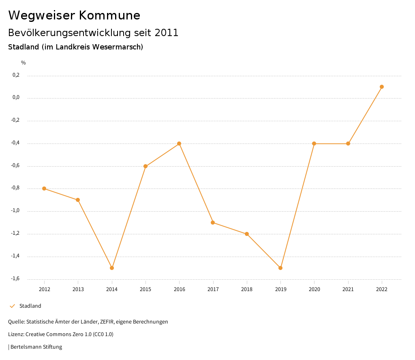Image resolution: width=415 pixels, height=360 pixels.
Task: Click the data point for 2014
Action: (112, 268)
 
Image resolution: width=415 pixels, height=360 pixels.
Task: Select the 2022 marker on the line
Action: (382, 87)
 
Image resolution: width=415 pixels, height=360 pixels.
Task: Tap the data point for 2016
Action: (179, 144)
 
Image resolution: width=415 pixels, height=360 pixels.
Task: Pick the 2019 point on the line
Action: (280, 268)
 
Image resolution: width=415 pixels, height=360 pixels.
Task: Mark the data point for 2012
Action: (44, 189)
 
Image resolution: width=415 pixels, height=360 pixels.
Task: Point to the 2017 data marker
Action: (213, 223)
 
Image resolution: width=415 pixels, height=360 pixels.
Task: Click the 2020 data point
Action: (314, 144)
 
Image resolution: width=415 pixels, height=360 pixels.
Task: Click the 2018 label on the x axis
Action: (247, 289)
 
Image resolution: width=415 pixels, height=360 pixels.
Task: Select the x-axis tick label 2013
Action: (78, 289)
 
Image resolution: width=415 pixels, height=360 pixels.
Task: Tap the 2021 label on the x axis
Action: (348, 289)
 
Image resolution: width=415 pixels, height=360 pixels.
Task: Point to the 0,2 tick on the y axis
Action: (16, 75)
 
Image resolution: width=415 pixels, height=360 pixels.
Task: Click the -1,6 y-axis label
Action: (15, 279)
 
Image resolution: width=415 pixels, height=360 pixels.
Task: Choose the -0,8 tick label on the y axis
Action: (15, 188)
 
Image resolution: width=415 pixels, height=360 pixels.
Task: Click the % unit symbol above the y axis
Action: (24, 63)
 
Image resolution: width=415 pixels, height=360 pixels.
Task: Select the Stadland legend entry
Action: (30, 306)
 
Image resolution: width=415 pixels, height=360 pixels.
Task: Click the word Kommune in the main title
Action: (109, 15)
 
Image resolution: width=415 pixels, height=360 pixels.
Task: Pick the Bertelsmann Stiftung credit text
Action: (36, 347)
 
